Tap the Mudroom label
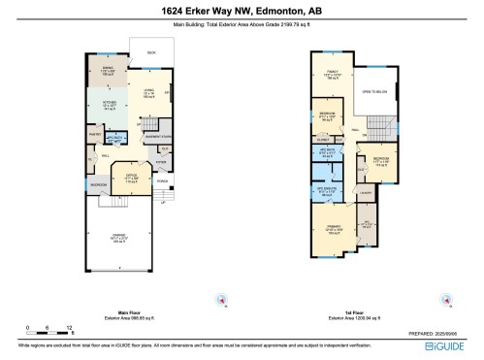[x=99, y=184]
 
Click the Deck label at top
[x=150, y=53]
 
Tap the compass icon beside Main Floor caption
[x=221, y=298]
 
